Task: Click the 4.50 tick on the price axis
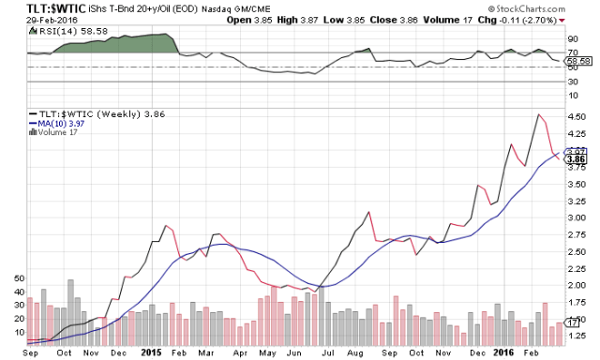tap(577, 117)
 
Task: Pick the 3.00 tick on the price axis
tap(577, 217)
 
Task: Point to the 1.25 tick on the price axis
tap(577, 336)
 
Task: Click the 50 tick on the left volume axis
tap(15, 279)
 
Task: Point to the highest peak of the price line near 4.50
tap(539, 114)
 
